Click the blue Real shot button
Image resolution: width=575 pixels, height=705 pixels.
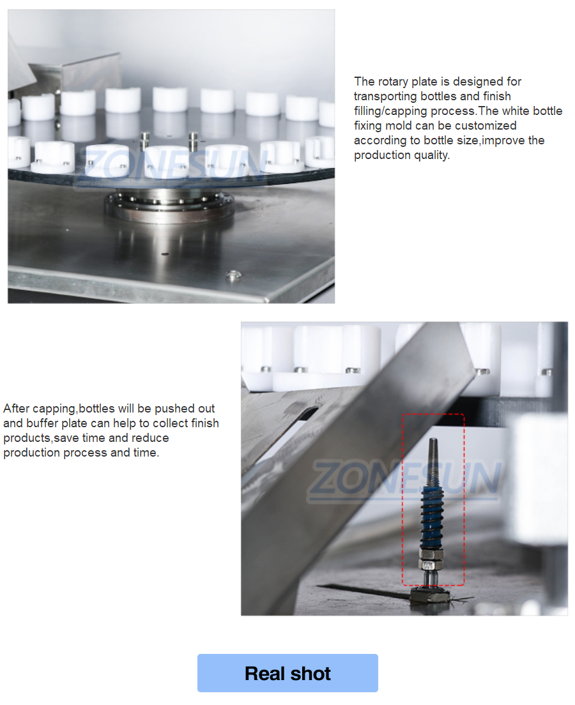287,672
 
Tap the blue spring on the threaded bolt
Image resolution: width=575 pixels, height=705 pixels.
432,517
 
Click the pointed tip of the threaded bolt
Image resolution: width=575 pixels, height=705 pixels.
433,439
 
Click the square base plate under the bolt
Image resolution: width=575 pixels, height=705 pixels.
430,596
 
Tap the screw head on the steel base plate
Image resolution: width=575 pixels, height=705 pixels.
233,275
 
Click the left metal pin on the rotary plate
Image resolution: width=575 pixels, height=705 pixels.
145,141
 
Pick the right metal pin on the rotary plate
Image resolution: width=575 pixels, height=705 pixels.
193,141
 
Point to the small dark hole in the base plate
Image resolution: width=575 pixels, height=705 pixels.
165,254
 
